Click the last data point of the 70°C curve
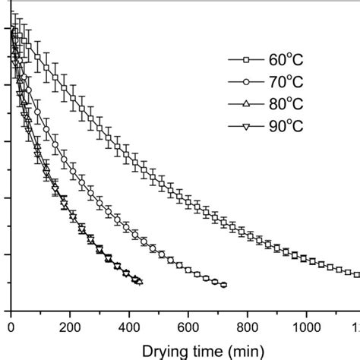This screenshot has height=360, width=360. [223, 285]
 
